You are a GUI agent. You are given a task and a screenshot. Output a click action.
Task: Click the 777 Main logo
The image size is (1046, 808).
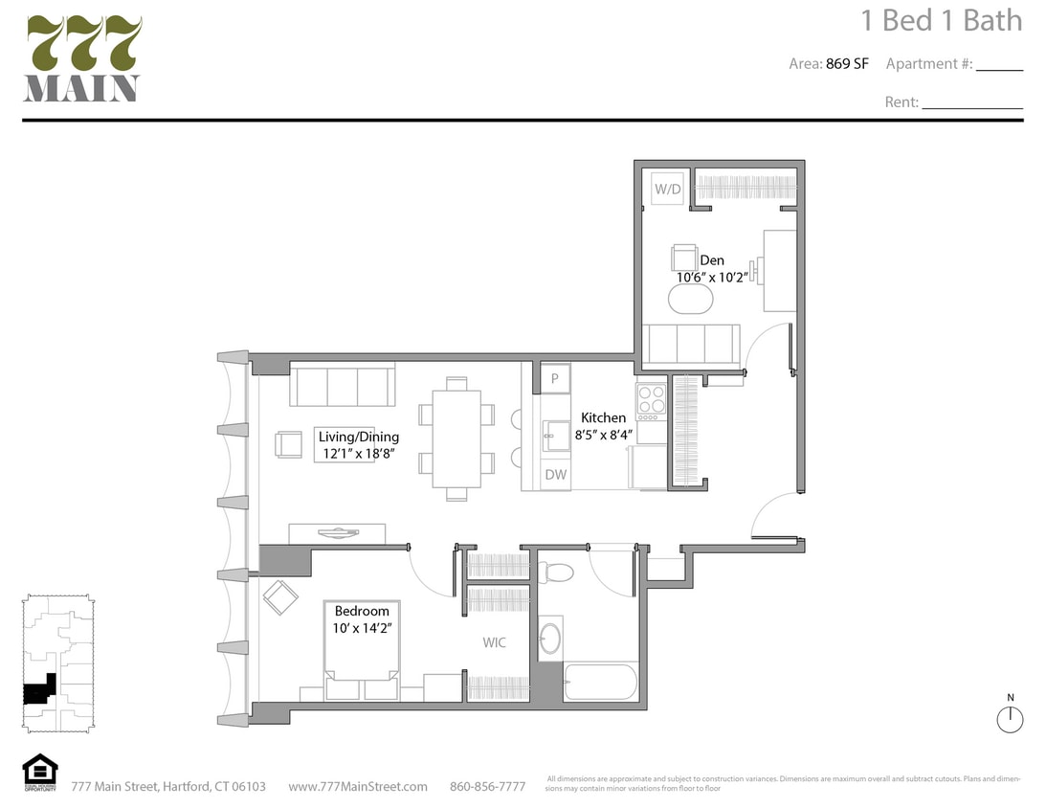coord(83,59)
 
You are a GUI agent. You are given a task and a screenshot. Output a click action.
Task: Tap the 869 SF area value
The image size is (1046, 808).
coord(847,64)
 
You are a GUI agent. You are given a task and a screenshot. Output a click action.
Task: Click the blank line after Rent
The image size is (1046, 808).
coord(971,103)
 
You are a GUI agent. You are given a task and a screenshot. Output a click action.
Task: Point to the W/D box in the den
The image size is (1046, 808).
coord(667,190)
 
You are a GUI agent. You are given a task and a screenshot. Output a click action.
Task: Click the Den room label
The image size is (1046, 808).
coord(711,260)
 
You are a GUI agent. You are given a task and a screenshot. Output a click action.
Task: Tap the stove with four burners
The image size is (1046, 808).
coord(651,401)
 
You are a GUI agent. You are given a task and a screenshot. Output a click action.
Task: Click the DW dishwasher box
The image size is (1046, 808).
coord(555,474)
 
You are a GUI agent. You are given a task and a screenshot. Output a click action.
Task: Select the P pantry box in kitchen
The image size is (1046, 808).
coord(555,378)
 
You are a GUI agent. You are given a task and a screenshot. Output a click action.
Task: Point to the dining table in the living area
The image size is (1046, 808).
coord(456,438)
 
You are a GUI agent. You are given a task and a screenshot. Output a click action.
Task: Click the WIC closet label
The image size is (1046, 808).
coord(495,642)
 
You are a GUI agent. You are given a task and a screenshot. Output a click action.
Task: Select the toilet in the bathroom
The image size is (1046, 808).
coord(555,572)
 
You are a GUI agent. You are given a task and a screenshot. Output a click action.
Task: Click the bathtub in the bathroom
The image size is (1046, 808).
coord(599,682)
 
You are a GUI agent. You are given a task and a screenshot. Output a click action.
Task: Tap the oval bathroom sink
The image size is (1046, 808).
coord(550,639)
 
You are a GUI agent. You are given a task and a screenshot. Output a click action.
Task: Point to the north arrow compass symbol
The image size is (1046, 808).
coord(1010,719)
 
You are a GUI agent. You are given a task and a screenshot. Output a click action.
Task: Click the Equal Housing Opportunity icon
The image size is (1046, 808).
coord(40,772)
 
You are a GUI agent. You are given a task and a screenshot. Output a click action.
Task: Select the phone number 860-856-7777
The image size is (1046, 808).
coord(487,787)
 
